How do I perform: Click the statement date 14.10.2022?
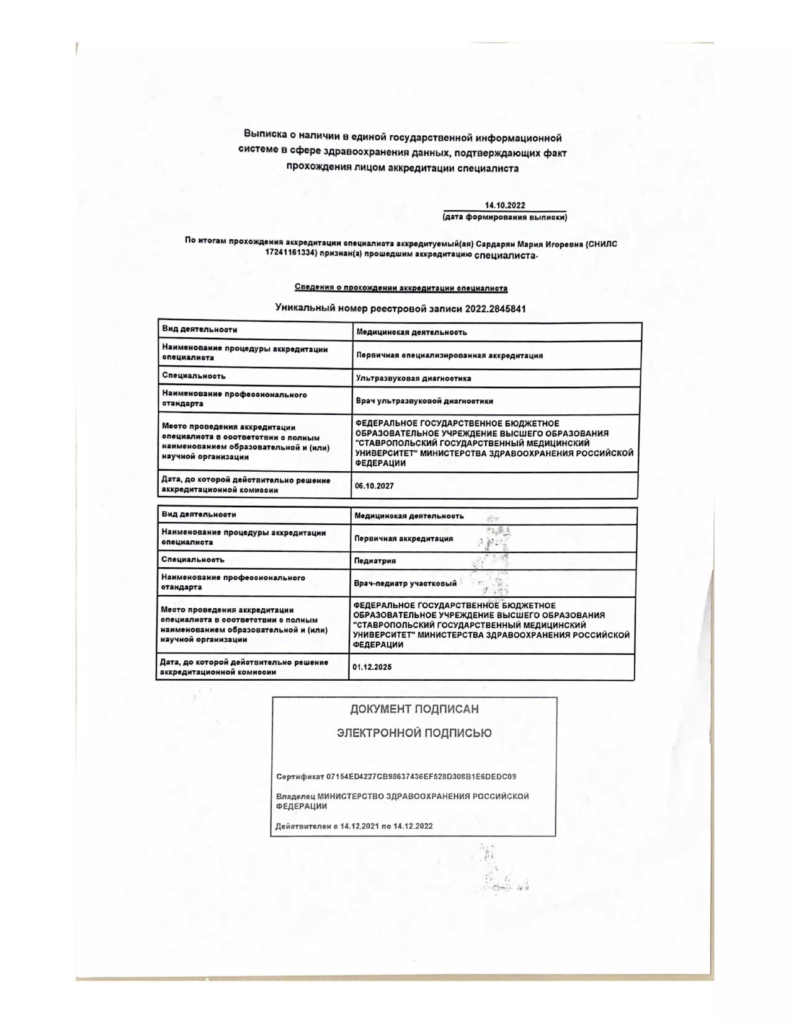coord(505,206)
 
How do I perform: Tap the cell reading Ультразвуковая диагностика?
coord(413,378)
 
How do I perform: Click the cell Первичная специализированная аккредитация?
coord(449,355)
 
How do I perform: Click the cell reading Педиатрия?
coord(366,561)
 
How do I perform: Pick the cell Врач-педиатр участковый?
coord(405,583)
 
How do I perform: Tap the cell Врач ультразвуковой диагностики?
coord(424,401)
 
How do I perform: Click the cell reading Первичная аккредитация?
coord(403,539)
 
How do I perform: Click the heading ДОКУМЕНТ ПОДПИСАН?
coord(414,709)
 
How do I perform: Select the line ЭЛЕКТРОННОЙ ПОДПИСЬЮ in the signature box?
coord(414,733)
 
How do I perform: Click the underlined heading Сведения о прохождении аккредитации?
coord(401,288)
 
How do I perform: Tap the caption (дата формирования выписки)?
coord(504,218)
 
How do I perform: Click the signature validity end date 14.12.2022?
coord(412,826)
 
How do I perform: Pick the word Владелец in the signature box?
coord(295,797)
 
